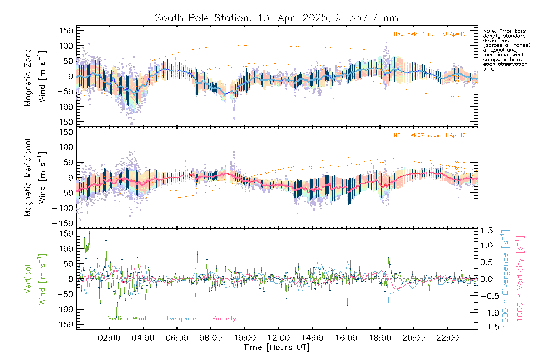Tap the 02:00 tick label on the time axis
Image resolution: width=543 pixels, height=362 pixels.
[109, 338]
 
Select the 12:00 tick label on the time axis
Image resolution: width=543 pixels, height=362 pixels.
[278, 338]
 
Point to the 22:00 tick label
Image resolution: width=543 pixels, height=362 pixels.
[448, 338]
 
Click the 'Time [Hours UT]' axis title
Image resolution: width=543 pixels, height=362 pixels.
[277, 347]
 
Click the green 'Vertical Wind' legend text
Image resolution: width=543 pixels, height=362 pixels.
[127, 318]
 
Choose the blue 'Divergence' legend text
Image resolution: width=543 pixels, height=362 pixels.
[180, 318]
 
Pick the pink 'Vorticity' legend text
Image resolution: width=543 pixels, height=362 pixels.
[224, 318]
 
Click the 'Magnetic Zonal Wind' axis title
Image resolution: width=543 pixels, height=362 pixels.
[35, 76]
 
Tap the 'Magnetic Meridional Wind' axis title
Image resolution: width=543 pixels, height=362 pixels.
[35, 178]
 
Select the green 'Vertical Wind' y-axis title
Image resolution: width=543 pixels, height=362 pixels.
[35, 279]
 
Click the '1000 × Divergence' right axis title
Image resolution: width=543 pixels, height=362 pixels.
[506, 278]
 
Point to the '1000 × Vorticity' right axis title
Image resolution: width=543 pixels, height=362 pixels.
[520, 278]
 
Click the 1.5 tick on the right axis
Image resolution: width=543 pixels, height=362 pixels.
[486, 231]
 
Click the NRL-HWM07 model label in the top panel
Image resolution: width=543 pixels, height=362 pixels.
[430, 34]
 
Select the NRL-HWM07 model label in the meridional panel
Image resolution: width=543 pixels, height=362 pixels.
[430, 135]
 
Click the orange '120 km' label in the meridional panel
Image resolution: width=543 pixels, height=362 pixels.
[459, 163]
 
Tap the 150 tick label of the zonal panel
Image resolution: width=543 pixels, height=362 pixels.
[66, 31]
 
